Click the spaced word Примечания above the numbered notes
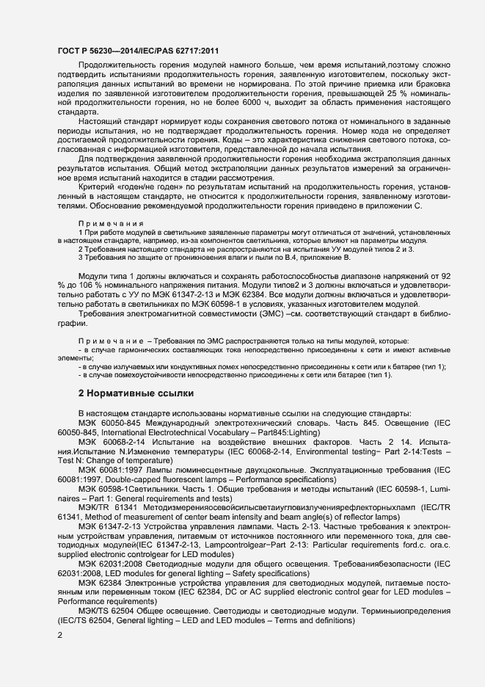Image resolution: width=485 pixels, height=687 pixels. click(x=111, y=223)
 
